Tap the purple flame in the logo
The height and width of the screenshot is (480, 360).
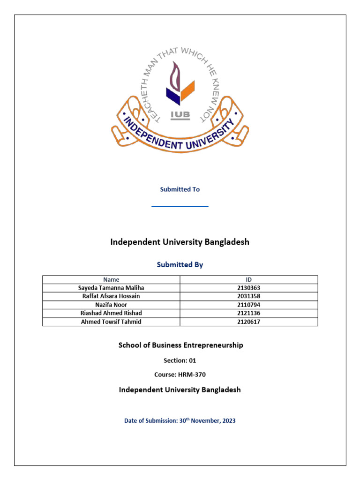click(175, 77)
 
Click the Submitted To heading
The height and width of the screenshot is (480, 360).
click(180, 189)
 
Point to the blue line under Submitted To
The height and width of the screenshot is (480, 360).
click(180, 206)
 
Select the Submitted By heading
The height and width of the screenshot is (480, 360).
click(180, 265)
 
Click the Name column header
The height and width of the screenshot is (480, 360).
click(111, 279)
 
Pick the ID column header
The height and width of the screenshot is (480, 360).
click(249, 279)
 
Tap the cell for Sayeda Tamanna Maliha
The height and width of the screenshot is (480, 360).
click(111, 288)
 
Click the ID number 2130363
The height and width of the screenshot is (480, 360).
click(249, 288)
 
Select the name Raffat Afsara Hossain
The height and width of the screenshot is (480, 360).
click(111, 296)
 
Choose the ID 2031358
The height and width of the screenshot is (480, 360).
click(249, 296)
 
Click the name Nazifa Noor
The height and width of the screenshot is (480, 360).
click(111, 305)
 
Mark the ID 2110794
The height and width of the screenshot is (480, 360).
click(249, 305)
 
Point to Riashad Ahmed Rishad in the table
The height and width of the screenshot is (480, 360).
click(111, 313)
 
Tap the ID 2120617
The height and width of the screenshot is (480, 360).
click(249, 322)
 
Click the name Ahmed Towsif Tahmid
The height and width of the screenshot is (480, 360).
click(111, 322)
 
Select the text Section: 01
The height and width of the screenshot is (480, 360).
click(180, 360)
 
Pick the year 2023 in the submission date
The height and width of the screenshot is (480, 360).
click(229, 421)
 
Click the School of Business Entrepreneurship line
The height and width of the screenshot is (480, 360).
click(180, 345)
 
